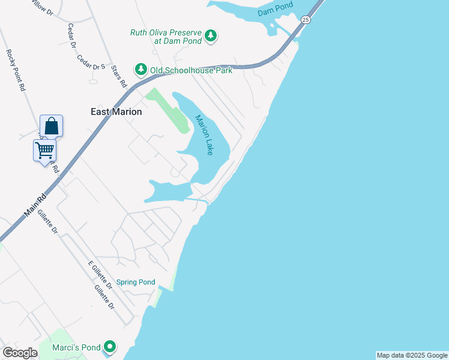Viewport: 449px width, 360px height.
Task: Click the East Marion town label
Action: tap(116, 112)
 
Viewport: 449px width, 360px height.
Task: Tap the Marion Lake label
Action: tap(204, 136)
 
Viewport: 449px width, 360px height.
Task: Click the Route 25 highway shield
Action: tap(306, 20)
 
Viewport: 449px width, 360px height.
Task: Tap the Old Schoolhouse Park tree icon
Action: tap(141, 70)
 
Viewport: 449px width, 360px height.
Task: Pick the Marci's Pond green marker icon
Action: tap(110, 347)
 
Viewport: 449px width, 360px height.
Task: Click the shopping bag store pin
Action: tap(52, 126)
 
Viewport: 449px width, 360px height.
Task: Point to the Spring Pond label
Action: tap(136, 282)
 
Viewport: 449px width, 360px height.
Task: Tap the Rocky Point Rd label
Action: tap(16, 70)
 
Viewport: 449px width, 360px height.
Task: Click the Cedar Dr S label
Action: tap(91, 64)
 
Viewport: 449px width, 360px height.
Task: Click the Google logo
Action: tap(20, 353)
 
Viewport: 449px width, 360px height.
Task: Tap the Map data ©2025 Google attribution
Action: tap(412, 355)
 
